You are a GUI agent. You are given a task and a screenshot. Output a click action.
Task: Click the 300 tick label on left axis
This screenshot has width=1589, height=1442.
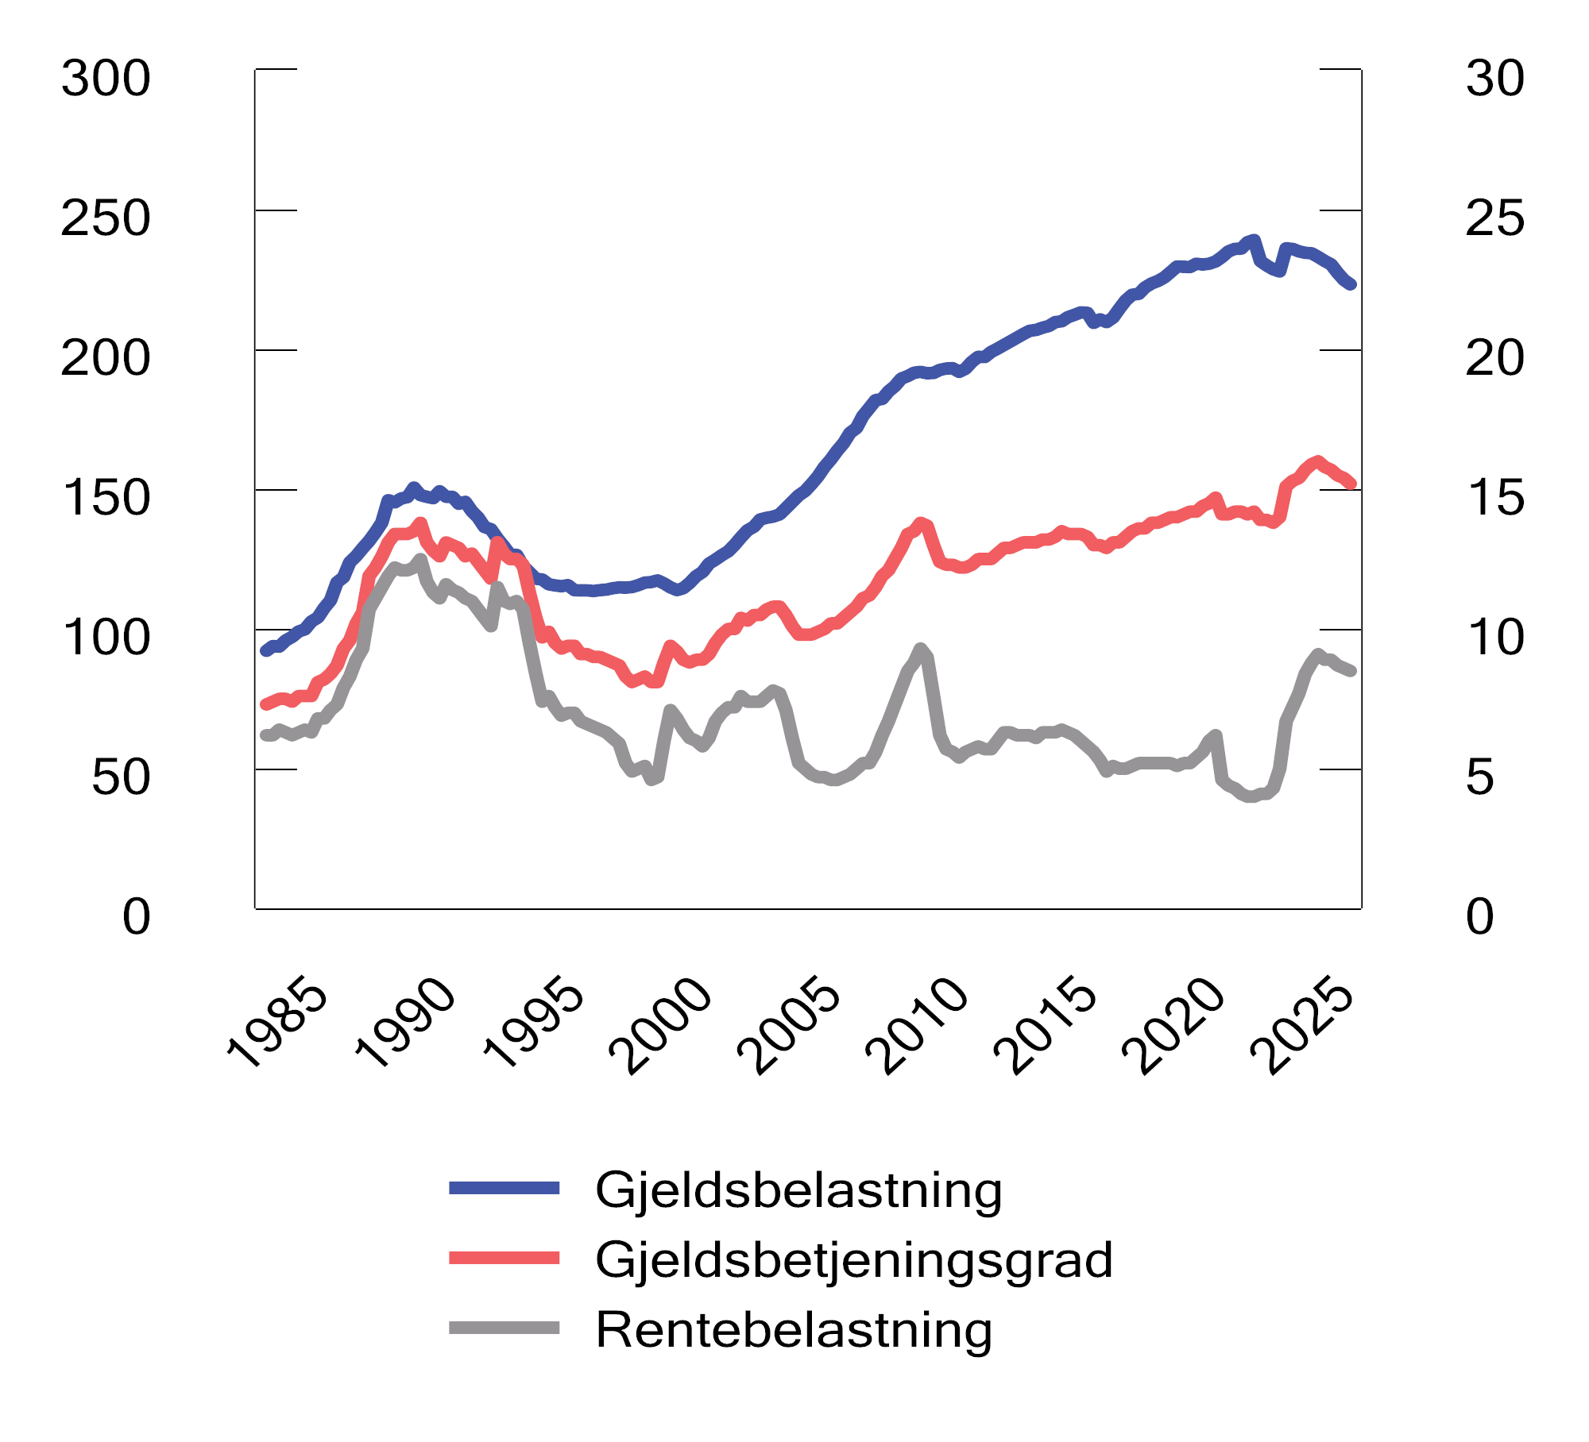[106, 79]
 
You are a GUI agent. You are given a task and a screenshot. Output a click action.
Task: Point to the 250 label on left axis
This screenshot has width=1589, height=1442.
[106, 218]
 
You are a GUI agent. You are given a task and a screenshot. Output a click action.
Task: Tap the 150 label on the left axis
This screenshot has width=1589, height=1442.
[106, 498]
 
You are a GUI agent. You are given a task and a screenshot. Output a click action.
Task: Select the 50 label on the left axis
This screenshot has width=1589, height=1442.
[120, 777]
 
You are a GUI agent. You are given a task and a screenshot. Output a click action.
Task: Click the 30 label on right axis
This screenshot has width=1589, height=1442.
[1494, 79]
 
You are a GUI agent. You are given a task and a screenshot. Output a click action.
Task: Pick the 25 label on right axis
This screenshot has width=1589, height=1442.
[1494, 218]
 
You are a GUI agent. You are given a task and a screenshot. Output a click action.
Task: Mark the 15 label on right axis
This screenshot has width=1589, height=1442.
[1494, 498]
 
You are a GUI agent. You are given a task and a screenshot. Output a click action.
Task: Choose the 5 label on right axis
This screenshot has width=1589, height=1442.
[1480, 777]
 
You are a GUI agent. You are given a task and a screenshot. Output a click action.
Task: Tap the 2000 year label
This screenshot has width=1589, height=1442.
[661, 1027]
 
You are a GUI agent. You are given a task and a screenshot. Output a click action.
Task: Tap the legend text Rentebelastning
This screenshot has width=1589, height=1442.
[794, 1330]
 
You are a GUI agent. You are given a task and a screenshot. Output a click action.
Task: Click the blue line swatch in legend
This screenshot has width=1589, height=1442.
[505, 1189]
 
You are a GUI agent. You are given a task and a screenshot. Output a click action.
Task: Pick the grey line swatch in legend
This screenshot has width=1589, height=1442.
[505, 1328]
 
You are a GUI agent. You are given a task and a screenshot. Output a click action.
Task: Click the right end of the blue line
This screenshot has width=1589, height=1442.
[1351, 284]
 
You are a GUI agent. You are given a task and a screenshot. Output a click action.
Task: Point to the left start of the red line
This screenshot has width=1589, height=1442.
[265, 704]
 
